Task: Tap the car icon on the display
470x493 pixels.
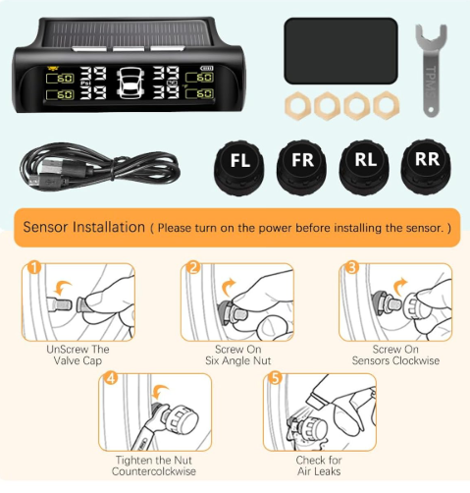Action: click(x=130, y=84)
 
